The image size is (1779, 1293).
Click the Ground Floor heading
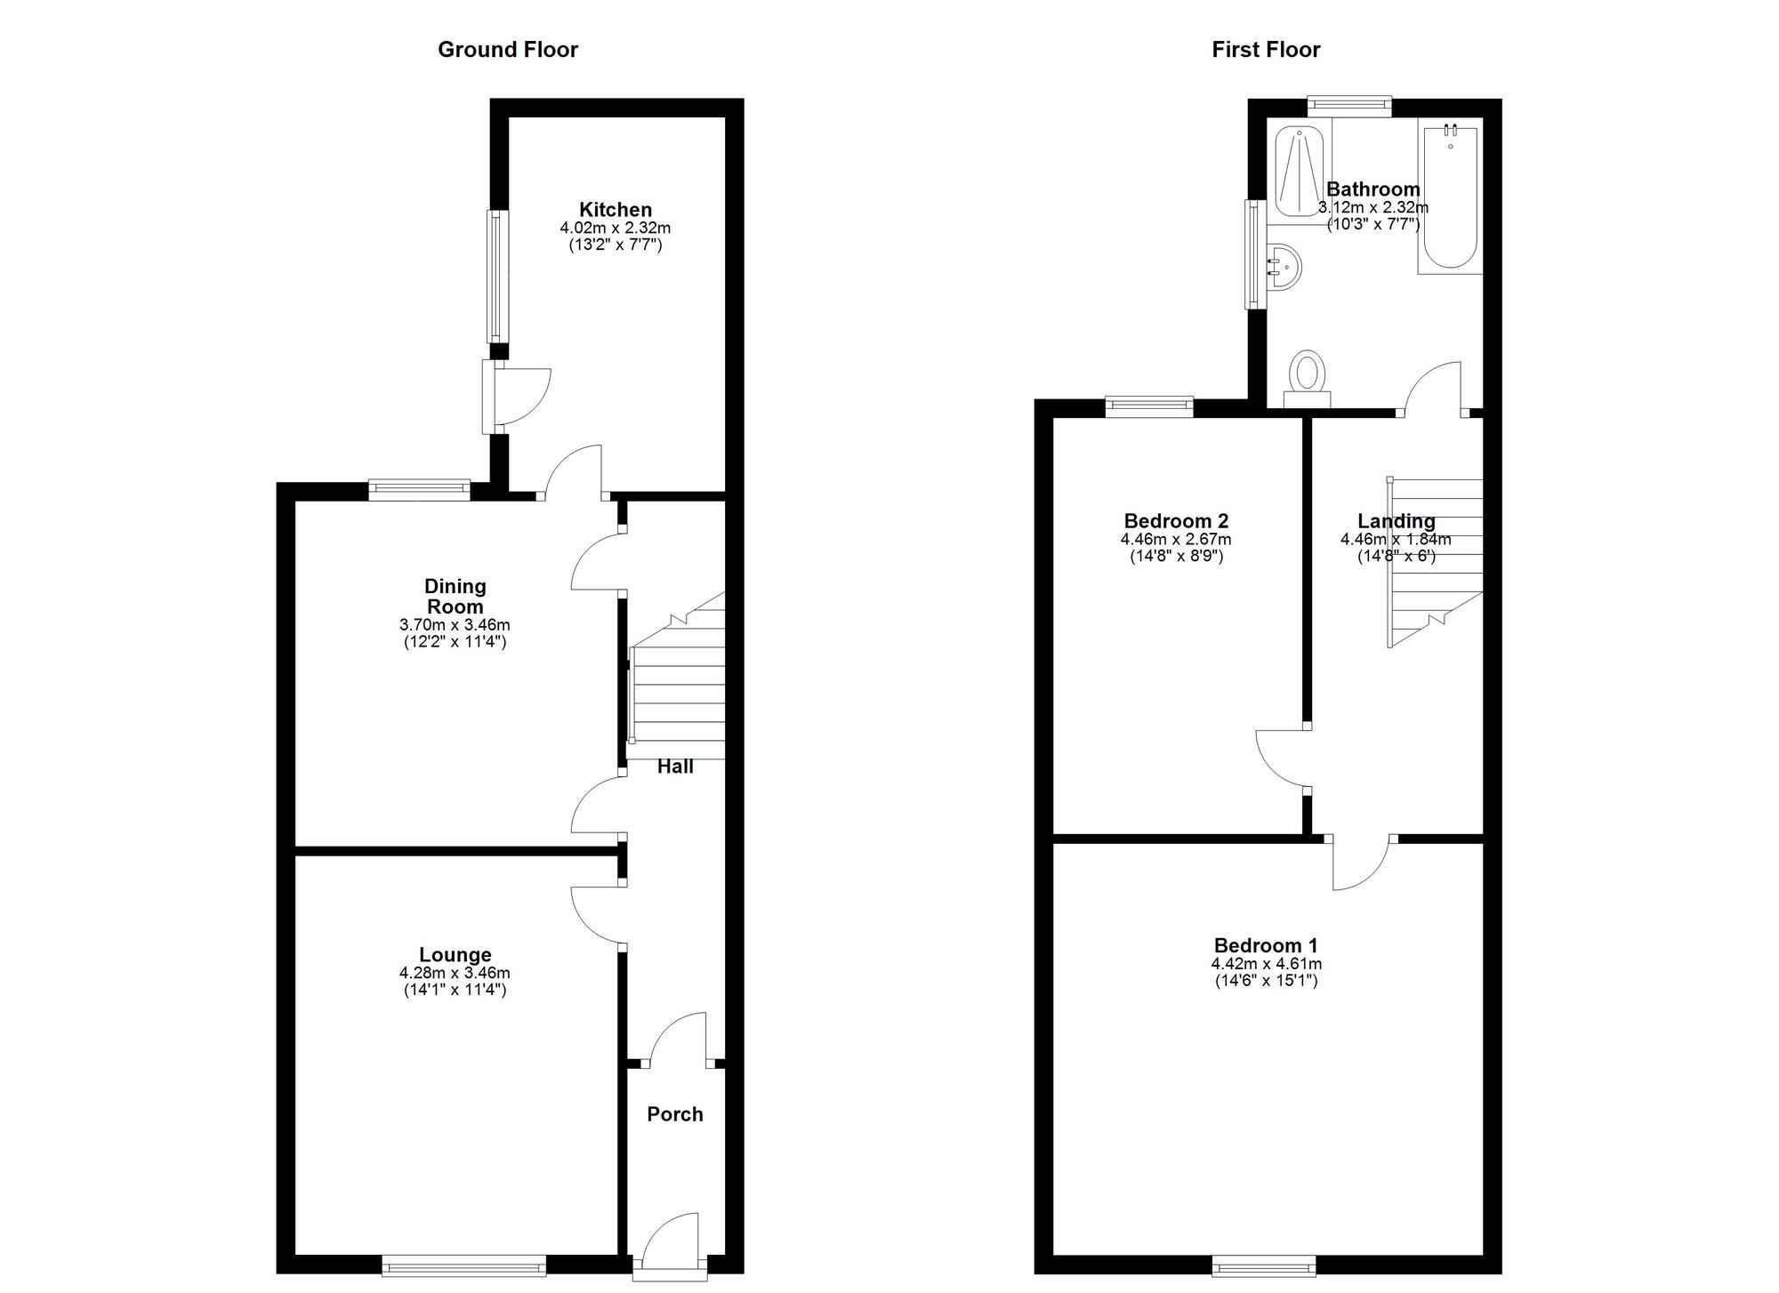[507, 50]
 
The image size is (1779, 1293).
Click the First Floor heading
[1266, 50]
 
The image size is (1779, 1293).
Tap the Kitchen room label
[616, 210]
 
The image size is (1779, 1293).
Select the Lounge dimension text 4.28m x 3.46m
[455, 973]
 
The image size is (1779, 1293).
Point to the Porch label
[675, 1114]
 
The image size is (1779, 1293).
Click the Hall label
[675, 767]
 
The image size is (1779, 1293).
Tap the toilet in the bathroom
[1307, 377]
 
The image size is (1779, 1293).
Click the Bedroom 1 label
[1266, 945]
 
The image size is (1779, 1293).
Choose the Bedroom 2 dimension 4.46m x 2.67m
[1176, 539]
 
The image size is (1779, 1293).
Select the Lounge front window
[463, 1265]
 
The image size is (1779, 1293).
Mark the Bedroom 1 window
[1263, 1265]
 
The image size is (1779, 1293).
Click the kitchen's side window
[497, 276]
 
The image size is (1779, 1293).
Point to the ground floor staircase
[678, 685]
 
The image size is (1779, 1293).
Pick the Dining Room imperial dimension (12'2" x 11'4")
[455, 641]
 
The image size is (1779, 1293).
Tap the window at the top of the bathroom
[1349, 106]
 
